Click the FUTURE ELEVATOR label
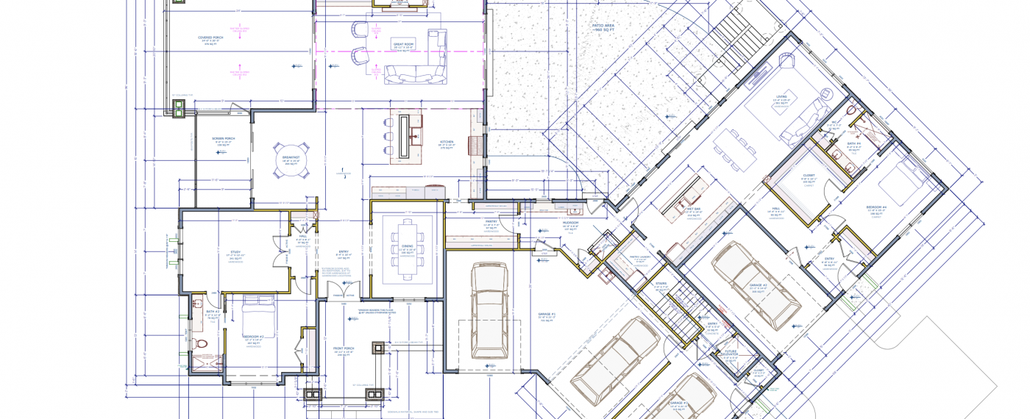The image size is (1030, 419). coord(731,352)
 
